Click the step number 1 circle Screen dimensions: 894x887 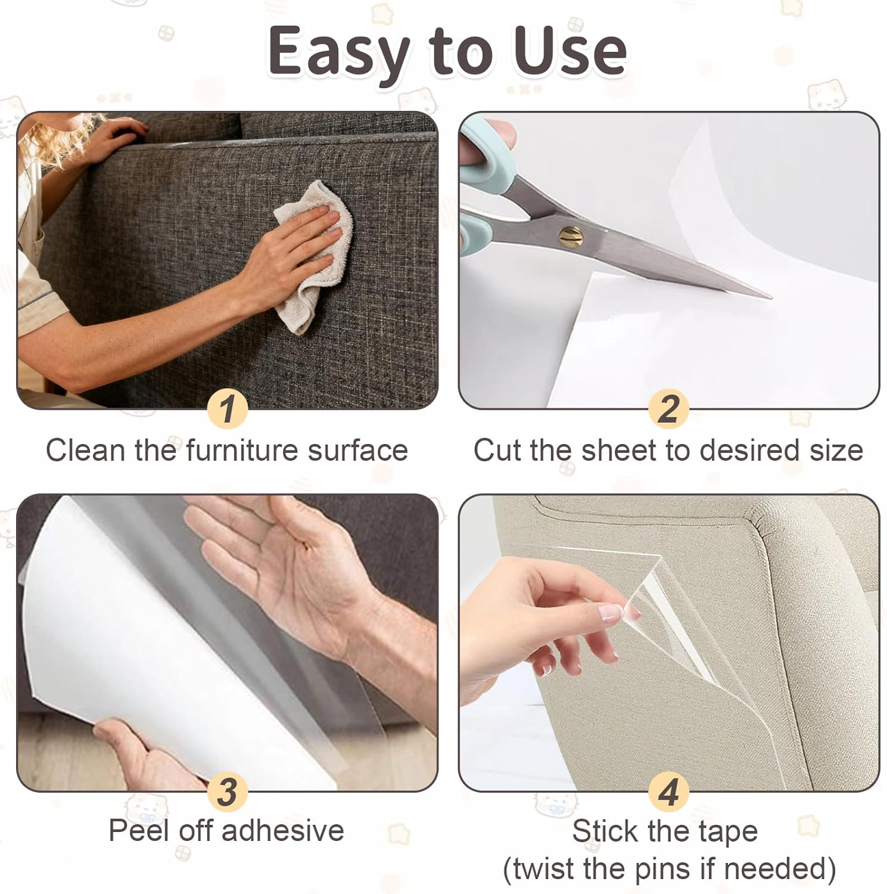pos(227,409)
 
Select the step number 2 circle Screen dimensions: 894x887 pos(668,409)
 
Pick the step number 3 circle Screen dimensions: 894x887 pos(227,791)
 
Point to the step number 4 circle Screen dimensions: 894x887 pos(668,791)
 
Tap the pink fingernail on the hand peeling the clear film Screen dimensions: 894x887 pos(611,612)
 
